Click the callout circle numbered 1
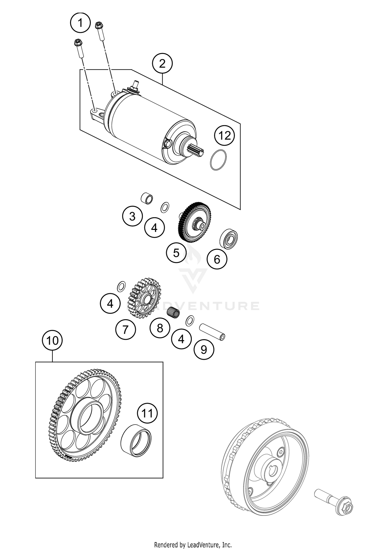pos(80,23)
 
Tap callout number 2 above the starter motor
pos(162,64)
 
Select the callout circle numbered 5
pos(176,253)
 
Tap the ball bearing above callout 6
pos(229,239)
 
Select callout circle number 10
pos(52,341)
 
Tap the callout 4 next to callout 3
pos(154,228)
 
